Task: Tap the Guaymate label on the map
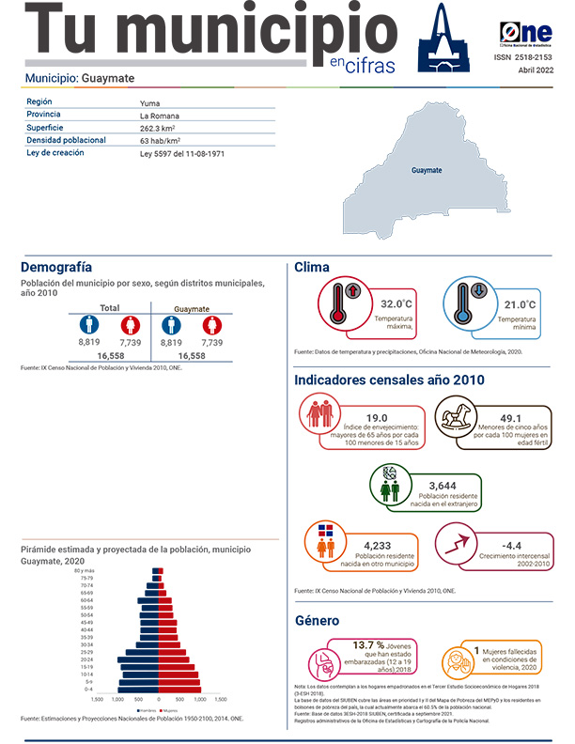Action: pyautogui.click(x=427, y=171)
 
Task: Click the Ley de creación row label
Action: pyautogui.click(x=55, y=152)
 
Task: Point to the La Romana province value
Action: pyautogui.click(x=159, y=115)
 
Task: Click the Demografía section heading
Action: pyautogui.click(x=55, y=267)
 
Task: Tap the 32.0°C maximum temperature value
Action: pyautogui.click(x=396, y=304)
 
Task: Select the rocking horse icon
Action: pyautogui.click(x=460, y=420)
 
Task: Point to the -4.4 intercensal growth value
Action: pyautogui.click(x=512, y=544)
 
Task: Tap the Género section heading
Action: pyautogui.click(x=318, y=622)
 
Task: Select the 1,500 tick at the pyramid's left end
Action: pyautogui.click(x=97, y=700)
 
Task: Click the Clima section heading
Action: pyautogui.click(x=312, y=268)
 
